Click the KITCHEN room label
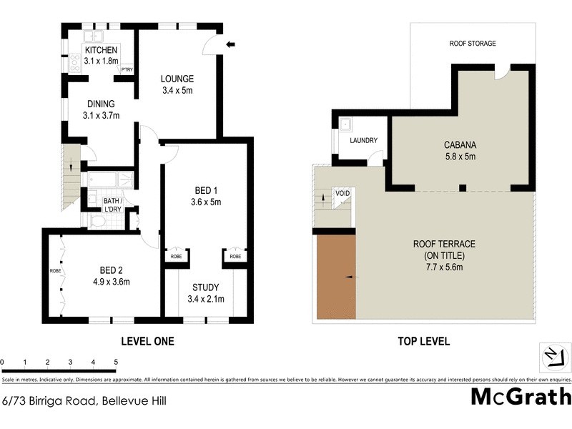click(101, 50)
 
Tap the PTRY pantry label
click(127, 69)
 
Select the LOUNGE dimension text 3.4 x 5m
click(177, 91)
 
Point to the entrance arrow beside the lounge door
click(230, 44)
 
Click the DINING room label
click(101, 104)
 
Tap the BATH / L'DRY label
click(112, 205)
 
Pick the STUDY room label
click(205, 287)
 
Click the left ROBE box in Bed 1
click(174, 255)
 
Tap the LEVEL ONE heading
click(147, 341)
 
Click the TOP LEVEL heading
click(423, 341)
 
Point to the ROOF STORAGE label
click(472, 44)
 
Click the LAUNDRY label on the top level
click(363, 140)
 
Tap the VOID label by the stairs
click(342, 194)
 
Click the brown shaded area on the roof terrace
click(335, 277)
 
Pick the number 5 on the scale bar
click(116, 362)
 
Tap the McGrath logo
click(521, 395)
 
